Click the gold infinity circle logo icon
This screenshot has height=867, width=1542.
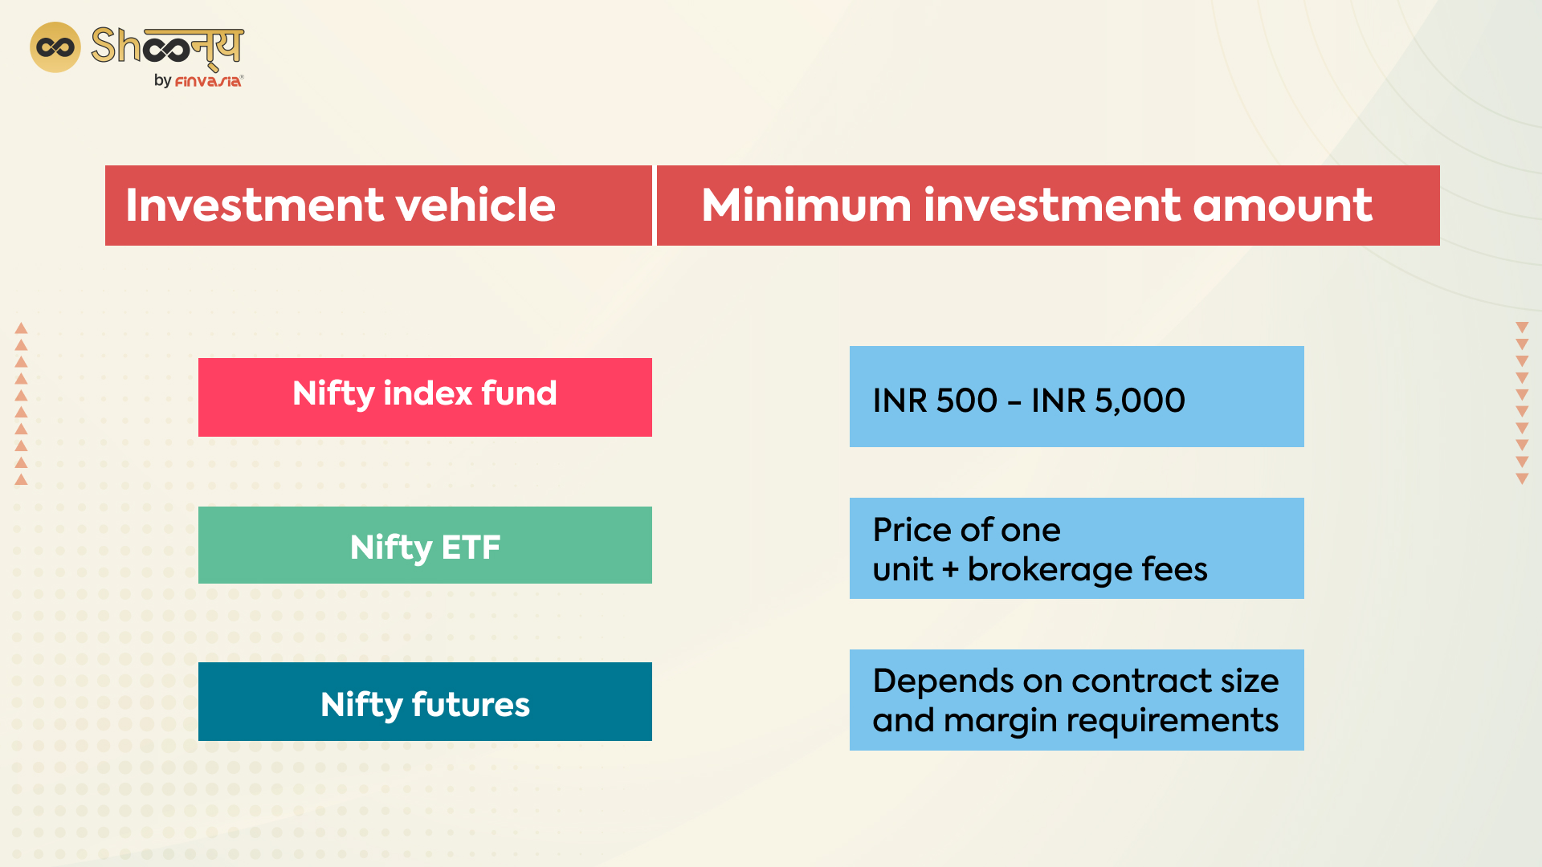tap(55, 47)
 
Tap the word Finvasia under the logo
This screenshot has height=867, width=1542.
tap(208, 81)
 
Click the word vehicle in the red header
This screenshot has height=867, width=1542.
tap(475, 205)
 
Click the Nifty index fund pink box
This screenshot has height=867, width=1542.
tap(425, 397)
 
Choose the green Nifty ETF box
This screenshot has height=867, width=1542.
tap(425, 545)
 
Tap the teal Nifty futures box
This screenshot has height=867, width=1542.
tap(425, 702)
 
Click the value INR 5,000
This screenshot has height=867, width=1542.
tap(1108, 400)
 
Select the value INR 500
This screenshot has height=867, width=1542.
tap(935, 400)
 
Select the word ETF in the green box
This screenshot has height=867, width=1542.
tap(471, 547)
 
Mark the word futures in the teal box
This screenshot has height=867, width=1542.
tap(471, 704)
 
